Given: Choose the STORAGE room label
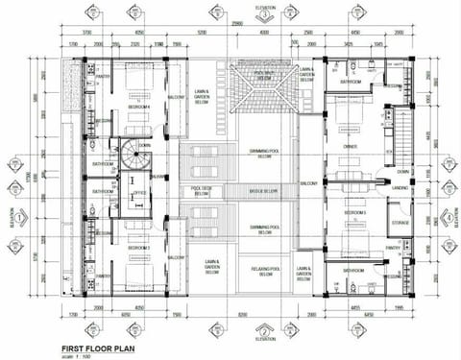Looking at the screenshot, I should tap(400, 223).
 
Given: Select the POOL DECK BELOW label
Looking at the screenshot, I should tap(202, 191).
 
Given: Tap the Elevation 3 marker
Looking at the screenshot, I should tap(264, 12).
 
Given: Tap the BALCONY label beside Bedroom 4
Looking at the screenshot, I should tap(176, 98).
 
